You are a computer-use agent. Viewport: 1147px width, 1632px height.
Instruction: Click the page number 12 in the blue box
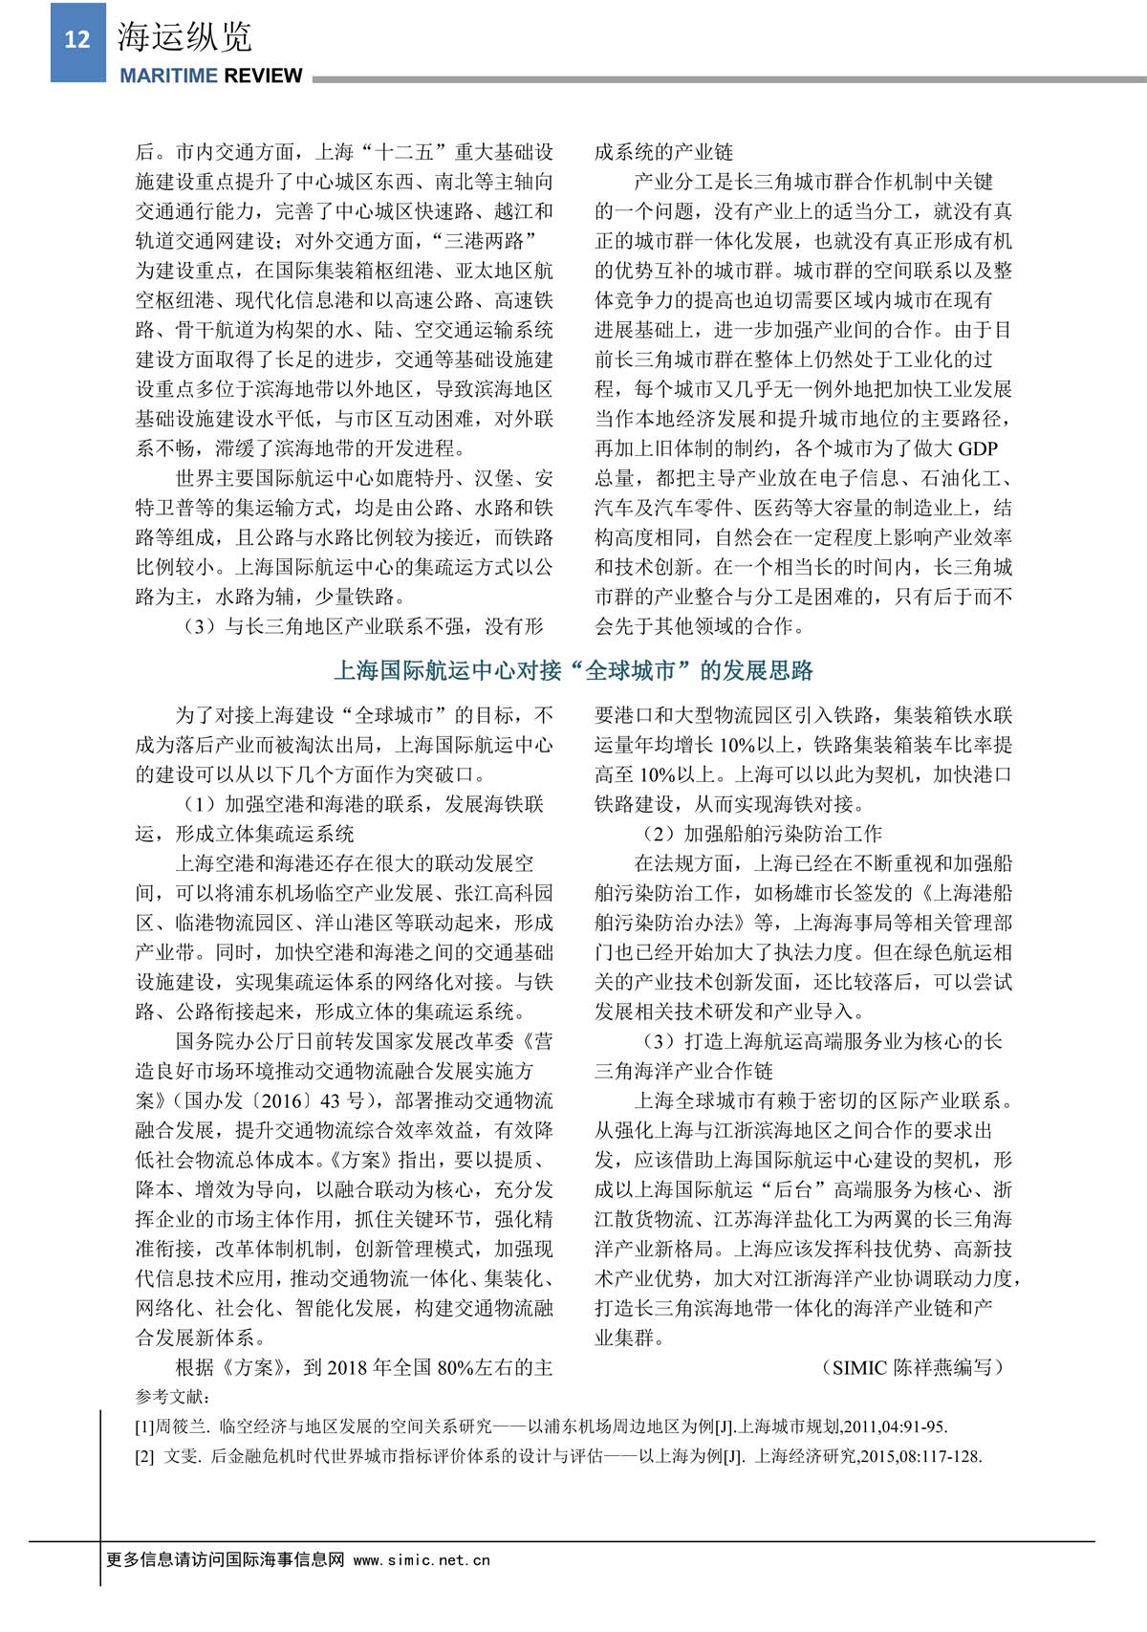pos(76,39)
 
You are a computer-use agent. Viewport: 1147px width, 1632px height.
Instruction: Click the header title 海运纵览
pos(184,37)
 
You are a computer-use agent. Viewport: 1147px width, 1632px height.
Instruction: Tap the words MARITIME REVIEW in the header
pos(211,76)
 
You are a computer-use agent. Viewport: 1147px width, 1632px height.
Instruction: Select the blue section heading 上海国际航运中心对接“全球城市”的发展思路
pos(573,670)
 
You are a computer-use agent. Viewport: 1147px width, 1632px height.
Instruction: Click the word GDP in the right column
pos(978,448)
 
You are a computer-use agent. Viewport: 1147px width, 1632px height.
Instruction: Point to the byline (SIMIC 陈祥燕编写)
pos(912,1367)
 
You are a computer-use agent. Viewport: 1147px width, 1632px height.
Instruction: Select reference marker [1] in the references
pos(145,1427)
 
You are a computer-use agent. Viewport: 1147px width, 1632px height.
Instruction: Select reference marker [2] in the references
pos(145,1457)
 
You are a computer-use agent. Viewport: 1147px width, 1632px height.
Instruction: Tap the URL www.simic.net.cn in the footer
pos(422,1559)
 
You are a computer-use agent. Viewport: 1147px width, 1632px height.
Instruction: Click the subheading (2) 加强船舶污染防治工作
pos(760,834)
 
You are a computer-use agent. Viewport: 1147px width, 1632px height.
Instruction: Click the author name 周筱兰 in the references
pos(181,1427)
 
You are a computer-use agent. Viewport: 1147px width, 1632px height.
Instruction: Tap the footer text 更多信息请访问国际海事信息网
pos(225,1559)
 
